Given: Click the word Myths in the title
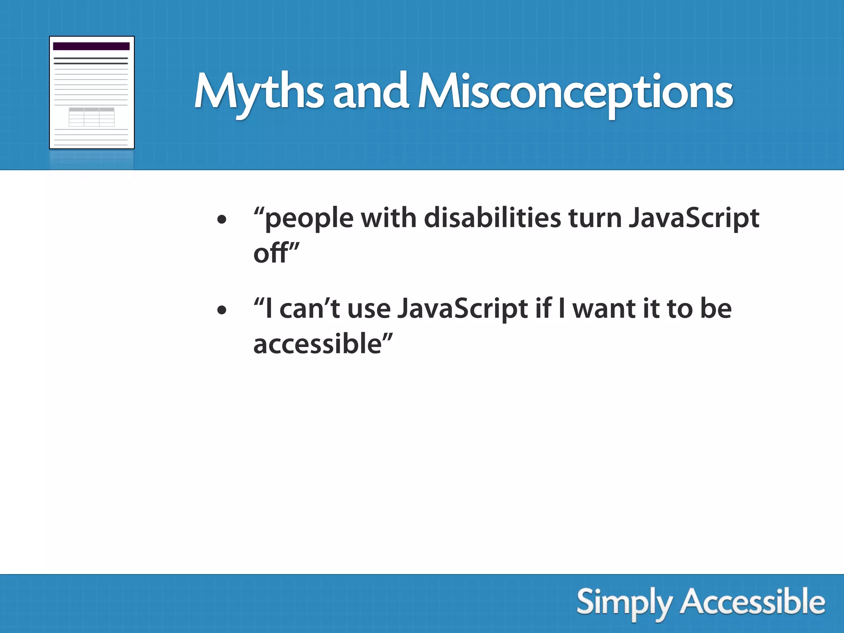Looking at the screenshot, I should pos(258,93).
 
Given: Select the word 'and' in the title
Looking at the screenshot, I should pos(370,93).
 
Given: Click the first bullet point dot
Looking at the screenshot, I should pos(222,220).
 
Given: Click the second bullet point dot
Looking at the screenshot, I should pos(222,310).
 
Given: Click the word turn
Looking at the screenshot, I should pos(595,218).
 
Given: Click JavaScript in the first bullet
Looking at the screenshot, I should pos(694,218).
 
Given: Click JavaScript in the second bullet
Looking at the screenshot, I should pos(462,309).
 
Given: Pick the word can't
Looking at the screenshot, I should pos(309,309).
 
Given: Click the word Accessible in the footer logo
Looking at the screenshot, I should pos(753,602).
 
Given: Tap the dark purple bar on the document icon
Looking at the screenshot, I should pos(91,46).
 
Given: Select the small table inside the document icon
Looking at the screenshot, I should pos(91,117).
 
